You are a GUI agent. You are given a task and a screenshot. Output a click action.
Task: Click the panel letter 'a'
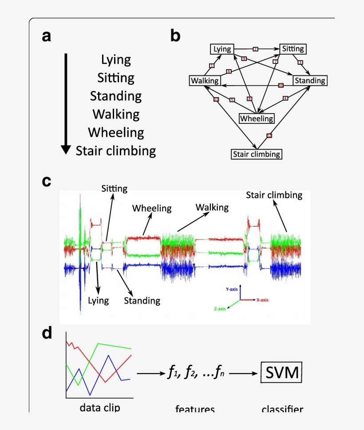tap(46, 36)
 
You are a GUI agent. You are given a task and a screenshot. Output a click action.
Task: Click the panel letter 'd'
tap(47, 333)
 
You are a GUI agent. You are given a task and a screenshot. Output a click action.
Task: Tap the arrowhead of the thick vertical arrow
tap(66, 150)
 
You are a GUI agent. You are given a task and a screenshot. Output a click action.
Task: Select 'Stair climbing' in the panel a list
tap(116, 151)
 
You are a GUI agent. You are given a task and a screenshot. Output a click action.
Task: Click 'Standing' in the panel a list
tap(116, 96)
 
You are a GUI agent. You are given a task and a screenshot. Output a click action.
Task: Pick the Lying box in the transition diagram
tap(222, 49)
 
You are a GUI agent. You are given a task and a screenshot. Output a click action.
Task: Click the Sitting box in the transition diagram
tap(293, 49)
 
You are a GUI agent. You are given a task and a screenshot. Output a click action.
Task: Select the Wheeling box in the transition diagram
tap(257, 118)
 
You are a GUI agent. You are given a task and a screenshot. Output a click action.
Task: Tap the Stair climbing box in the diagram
tap(257, 154)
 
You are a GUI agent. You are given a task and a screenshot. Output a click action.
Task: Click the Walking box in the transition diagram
tap(205, 81)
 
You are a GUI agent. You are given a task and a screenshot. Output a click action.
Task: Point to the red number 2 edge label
tap(255, 49)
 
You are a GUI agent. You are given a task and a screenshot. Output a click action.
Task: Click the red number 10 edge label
tap(281, 85)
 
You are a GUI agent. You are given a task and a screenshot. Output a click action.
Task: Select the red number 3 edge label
tap(300, 63)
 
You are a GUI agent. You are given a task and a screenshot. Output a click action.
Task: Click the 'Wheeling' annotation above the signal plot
tap(152, 208)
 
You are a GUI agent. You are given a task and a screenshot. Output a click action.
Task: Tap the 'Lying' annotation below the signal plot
tap(98, 300)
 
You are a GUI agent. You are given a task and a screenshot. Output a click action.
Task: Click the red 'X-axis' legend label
tap(262, 300)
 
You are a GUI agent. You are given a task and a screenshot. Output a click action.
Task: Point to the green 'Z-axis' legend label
tap(218, 309)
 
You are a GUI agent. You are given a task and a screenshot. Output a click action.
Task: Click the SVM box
tap(282, 373)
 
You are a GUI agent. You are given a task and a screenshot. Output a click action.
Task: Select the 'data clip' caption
tap(100, 407)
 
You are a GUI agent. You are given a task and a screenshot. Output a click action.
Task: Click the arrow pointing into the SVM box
tap(244, 374)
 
